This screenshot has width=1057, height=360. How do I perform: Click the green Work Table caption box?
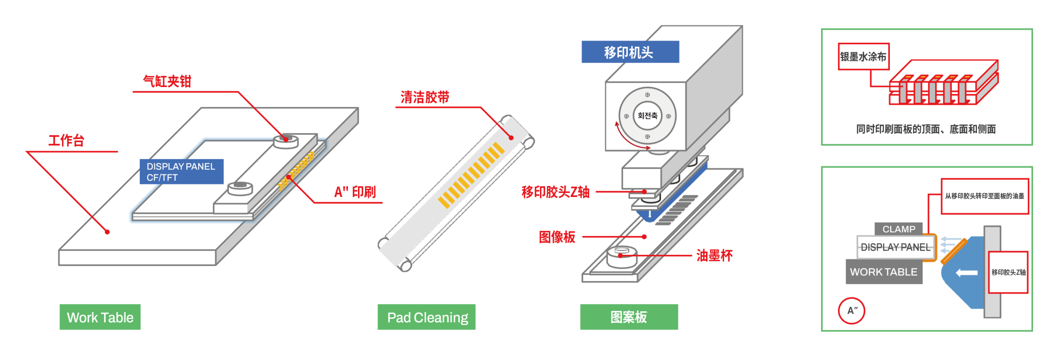(x=100, y=317)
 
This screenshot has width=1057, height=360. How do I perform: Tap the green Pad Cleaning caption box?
(x=427, y=317)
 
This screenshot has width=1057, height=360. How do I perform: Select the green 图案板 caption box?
(x=629, y=317)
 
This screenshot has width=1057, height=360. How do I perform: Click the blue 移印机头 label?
(x=630, y=52)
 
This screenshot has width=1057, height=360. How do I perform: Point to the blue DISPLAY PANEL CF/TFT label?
(x=181, y=172)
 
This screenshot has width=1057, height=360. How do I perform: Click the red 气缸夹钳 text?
(x=167, y=81)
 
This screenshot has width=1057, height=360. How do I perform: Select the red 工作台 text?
(x=66, y=141)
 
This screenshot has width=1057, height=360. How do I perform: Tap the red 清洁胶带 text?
(x=425, y=97)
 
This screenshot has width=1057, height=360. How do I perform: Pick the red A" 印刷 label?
(x=355, y=192)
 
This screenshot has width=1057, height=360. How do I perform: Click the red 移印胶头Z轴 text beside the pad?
(x=555, y=192)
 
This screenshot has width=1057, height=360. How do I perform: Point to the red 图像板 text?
(x=557, y=237)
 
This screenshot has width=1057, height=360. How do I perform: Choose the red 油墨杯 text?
(x=714, y=256)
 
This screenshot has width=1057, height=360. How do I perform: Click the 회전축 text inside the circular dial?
(x=647, y=116)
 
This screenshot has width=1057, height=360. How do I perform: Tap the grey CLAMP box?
(x=899, y=229)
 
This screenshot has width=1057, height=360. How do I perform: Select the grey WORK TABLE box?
(x=884, y=272)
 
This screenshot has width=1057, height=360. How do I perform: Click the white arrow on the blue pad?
(x=967, y=272)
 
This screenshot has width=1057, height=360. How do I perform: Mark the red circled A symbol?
(x=851, y=310)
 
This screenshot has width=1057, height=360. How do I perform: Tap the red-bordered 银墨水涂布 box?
(x=863, y=57)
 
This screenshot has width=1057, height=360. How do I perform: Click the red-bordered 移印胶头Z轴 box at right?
(x=1008, y=272)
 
